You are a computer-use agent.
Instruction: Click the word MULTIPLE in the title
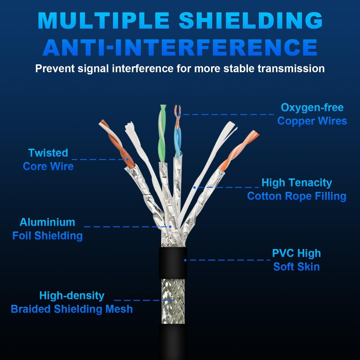click(x=103, y=20)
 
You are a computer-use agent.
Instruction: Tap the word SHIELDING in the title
click(x=251, y=20)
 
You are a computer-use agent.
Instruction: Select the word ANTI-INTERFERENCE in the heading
click(x=180, y=48)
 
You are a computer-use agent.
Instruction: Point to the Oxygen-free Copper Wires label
click(x=312, y=114)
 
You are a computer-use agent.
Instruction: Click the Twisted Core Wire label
click(x=48, y=159)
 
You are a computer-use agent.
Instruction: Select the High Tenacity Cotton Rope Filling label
click(x=297, y=189)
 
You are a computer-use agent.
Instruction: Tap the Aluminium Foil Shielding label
click(x=48, y=229)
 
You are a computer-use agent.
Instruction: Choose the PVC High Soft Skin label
click(x=297, y=260)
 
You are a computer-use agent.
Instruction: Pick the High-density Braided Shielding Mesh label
click(x=72, y=302)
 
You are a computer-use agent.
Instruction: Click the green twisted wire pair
click(x=162, y=133)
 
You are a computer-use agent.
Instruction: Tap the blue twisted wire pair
click(x=178, y=142)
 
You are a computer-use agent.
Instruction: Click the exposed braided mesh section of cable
click(x=173, y=301)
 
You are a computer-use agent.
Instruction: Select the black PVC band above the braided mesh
click(x=173, y=263)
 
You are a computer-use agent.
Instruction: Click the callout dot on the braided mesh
click(x=171, y=300)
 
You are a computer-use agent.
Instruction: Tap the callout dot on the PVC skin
click(x=185, y=260)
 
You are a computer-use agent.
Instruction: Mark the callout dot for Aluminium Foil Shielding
click(x=170, y=227)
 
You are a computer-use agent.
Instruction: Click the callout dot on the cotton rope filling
click(x=194, y=188)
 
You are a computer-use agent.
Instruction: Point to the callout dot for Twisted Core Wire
click(x=127, y=159)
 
